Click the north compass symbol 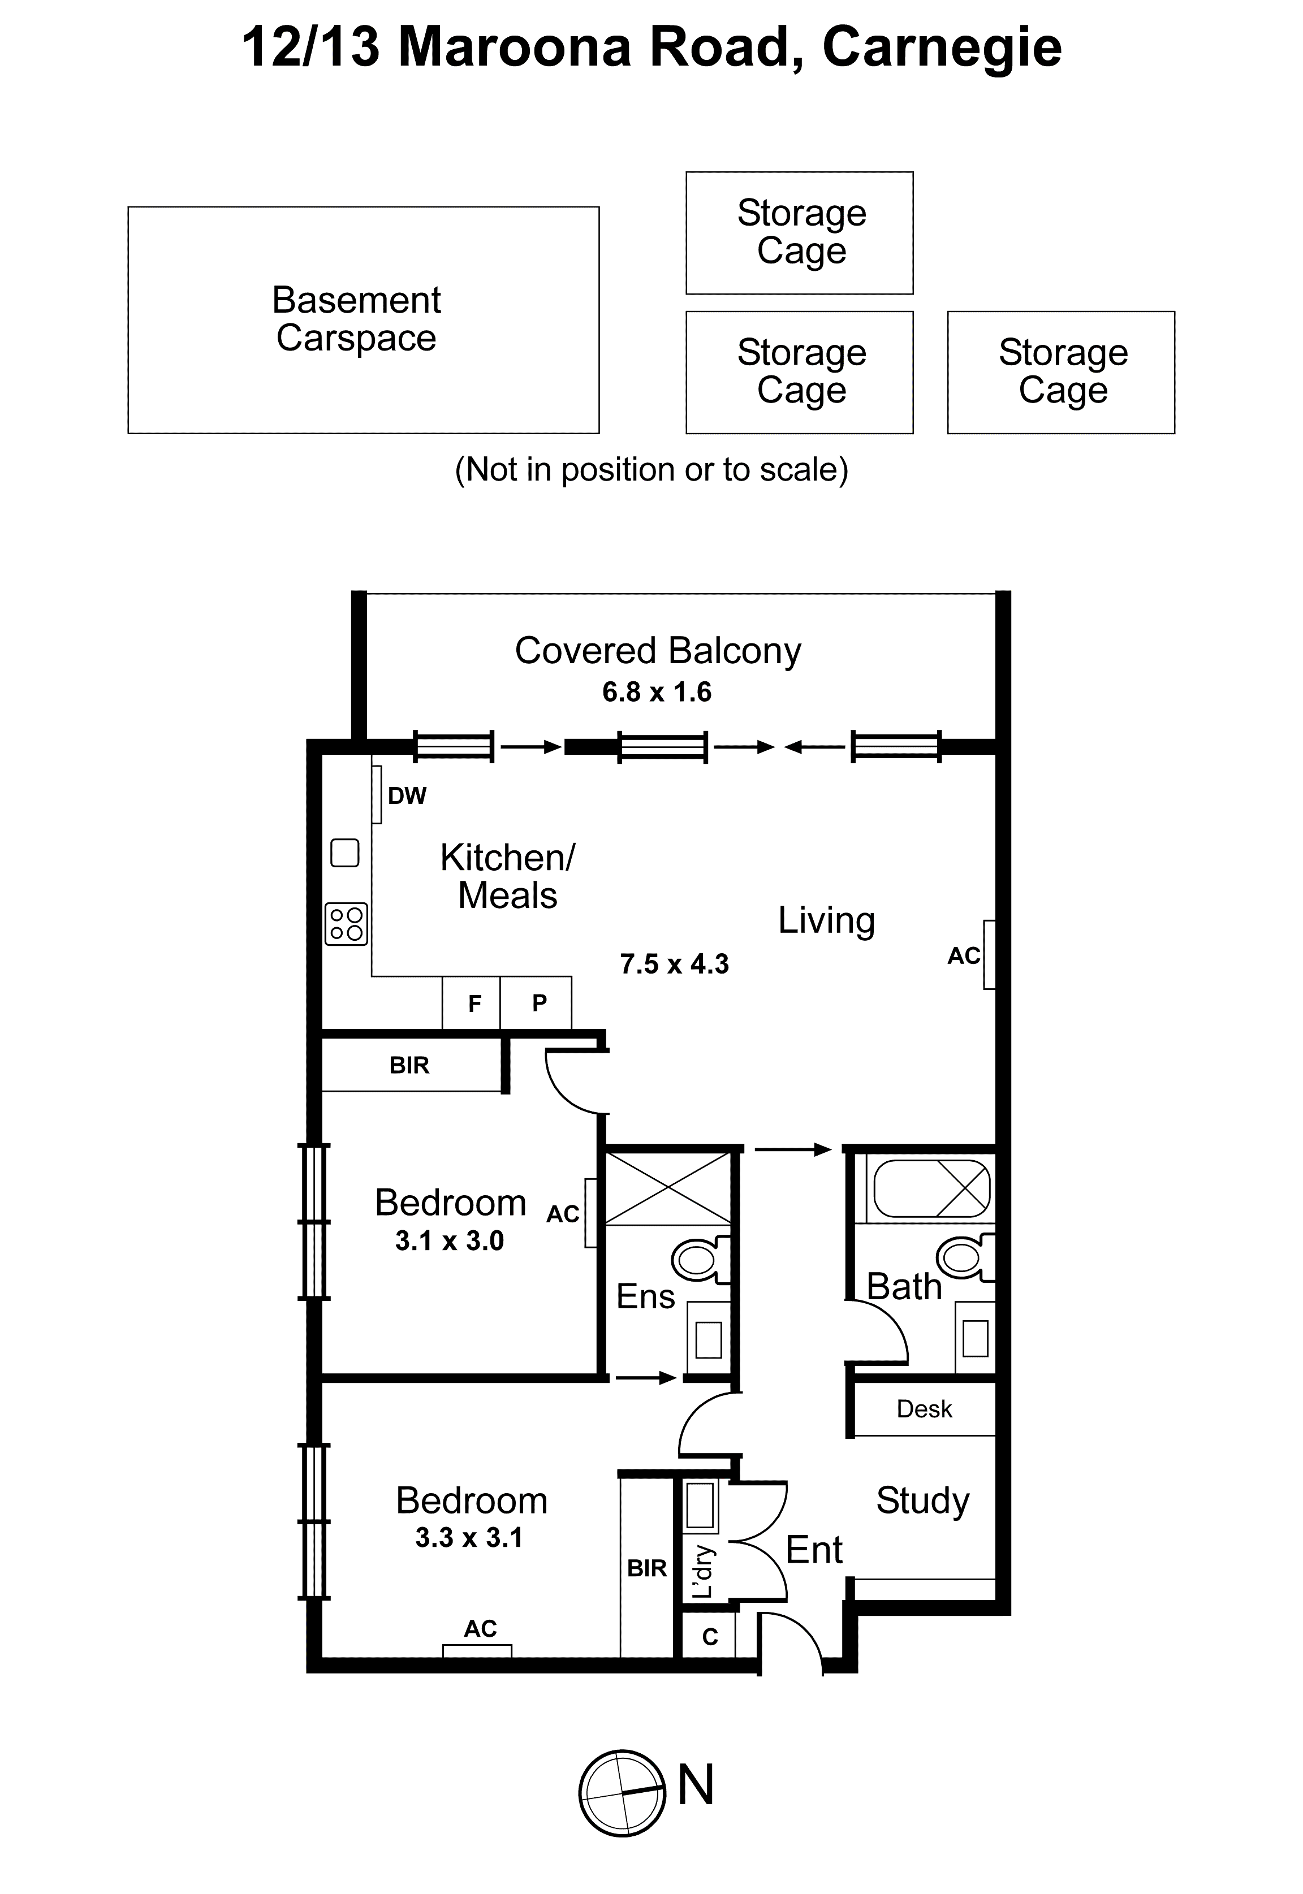pos(622,1793)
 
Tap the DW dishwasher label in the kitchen pos(407,795)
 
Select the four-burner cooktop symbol pos(346,924)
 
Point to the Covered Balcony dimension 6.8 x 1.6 pos(657,692)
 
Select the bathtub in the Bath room pos(931,1189)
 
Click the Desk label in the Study pos(924,1408)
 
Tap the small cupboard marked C pos(709,1636)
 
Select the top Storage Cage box pos(799,232)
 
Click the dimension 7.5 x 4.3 pos(674,964)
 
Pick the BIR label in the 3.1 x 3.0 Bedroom pos(409,1065)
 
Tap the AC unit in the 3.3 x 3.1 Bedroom pos(478,1649)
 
